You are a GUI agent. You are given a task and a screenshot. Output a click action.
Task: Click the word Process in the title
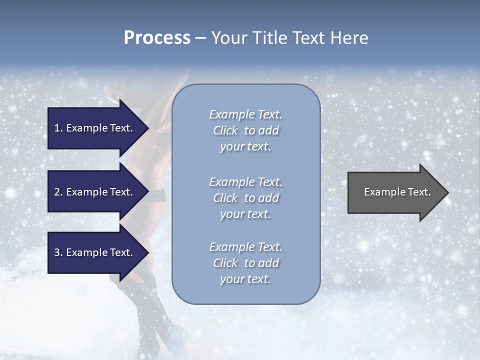[x=157, y=38]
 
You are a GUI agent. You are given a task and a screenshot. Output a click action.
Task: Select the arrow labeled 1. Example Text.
[x=95, y=128]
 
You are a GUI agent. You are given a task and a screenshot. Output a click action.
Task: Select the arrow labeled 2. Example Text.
[x=95, y=192]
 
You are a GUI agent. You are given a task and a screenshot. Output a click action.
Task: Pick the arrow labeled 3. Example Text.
[x=95, y=252]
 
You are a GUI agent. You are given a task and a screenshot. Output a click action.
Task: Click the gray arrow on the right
[x=395, y=192]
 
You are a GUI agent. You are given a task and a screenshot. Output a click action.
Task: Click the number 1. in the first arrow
[x=58, y=128]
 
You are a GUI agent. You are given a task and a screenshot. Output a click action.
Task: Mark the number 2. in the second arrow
[x=58, y=192]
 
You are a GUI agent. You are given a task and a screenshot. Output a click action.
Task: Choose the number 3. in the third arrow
[x=58, y=252]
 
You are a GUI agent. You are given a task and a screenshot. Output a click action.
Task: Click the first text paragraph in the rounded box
[x=245, y=130]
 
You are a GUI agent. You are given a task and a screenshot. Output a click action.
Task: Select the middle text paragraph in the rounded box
[x=245, y=198]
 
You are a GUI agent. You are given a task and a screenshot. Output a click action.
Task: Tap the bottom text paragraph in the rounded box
[x=245, y=263]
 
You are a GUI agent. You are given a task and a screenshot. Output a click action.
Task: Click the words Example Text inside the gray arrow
[x=397, y=192]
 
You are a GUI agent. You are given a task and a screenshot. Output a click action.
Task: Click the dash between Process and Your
[x=201, y=38]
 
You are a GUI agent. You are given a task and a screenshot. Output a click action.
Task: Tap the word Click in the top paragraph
[x=225, y=130]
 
